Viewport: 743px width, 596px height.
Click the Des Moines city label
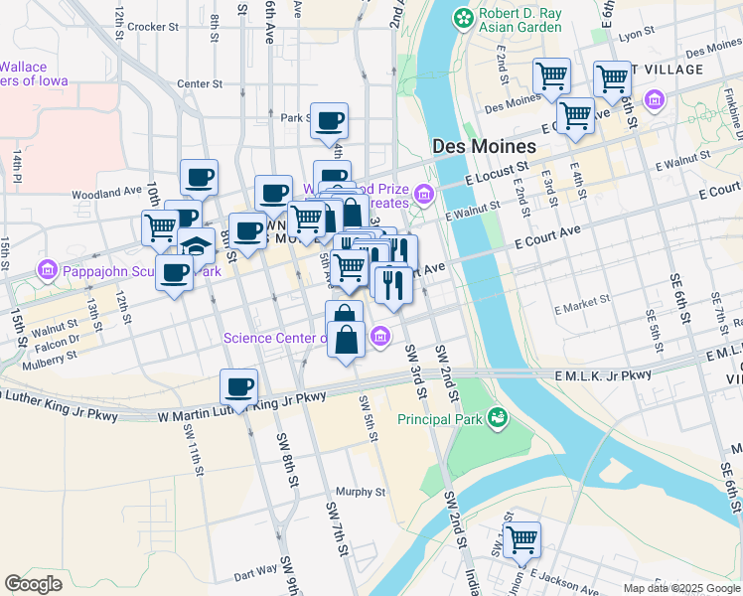click(x=485, y=146)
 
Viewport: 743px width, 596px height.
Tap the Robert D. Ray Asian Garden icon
click(x=463, y=17)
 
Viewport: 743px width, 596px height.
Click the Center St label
click(x=196, y=83)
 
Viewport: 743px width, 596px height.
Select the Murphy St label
click(x=360, y=492)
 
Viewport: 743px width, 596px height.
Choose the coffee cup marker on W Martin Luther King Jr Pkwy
click(x=238, y=387)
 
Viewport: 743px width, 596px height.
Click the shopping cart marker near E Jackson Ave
click(x=521, y=540)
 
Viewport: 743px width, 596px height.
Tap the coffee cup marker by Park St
click(x=330, y=121)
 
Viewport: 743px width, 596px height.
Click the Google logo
click(x=34, y=584)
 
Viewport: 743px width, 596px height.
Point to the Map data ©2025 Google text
click(x=680, y=588)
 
